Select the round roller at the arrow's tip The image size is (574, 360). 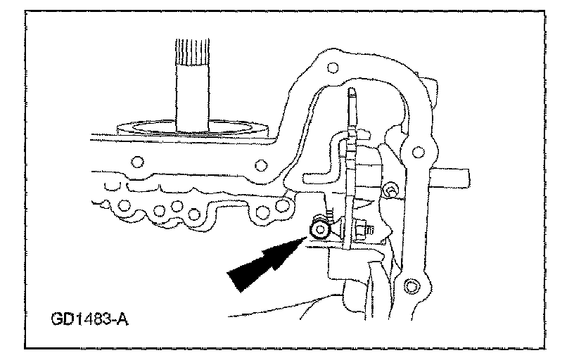click(321, 229)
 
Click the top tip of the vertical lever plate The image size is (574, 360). click(351, 91)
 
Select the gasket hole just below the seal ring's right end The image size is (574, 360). click(261, 165)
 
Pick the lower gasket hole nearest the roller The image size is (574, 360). click(285, 205)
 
